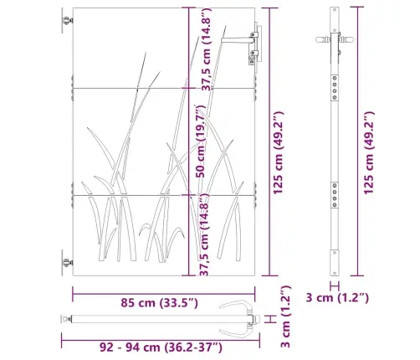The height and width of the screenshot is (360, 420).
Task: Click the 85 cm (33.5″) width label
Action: coord(159,303)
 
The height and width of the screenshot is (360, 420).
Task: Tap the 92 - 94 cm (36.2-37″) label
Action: coord(161,347)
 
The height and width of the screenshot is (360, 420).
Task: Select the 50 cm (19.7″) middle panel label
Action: coord(201,141)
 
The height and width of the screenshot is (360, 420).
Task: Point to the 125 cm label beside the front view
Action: coord(278,153)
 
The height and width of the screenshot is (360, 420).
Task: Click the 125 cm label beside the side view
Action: coord(368,153)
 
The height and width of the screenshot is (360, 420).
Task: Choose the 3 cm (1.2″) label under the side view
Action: coord(337,297)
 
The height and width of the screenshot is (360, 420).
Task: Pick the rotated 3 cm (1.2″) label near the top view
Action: coord(285,316)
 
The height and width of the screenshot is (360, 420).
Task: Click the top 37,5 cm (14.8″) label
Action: coord(207,49)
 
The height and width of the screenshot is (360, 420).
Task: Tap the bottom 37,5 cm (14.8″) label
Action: coord(204,234)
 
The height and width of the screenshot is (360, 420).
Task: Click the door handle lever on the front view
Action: coord(237,40)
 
